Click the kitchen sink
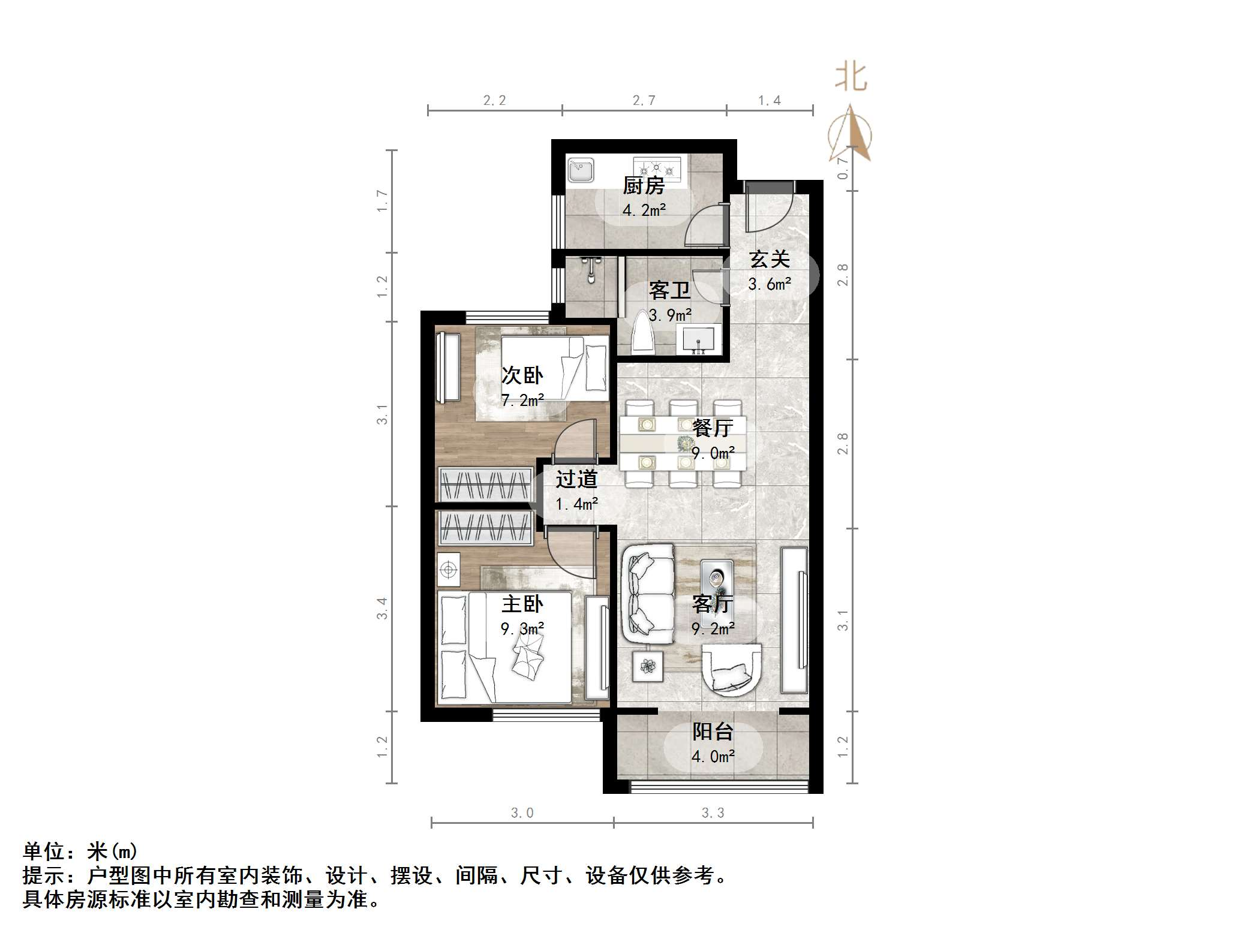coord(580,170)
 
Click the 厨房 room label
coord(644,186)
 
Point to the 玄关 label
coord(770,260)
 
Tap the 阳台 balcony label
coord(713,732)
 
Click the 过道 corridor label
coord(576,480)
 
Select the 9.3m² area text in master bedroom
coord(522,629)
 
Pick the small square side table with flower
coord(648,666)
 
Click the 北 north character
coord(851,78)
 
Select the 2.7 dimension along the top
coord(644,101)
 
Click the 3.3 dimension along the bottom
coord(713,813)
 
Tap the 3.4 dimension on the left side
coord(382,609)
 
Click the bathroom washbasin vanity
coord(698,339)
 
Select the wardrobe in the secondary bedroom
coord(485,484)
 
